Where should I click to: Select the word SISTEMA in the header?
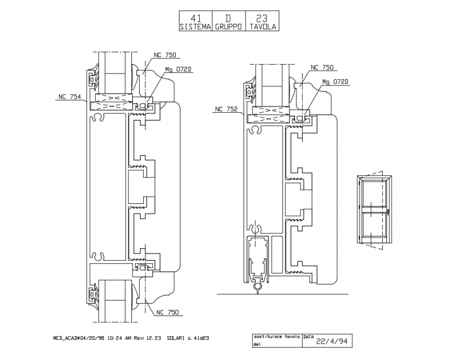[194, 26]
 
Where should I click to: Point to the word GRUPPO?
[228, 26]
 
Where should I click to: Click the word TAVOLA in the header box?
[262, 26]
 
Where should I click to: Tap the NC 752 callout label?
[226, 109]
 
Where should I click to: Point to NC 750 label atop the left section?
[165, 55]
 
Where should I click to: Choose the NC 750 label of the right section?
[322, 67]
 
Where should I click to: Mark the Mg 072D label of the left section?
[178, 69]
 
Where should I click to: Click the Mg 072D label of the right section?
[335, 82]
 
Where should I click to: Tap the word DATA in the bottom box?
[309, 336]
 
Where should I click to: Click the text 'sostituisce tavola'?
[276, 336]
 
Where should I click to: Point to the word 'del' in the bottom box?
[257, 343]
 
